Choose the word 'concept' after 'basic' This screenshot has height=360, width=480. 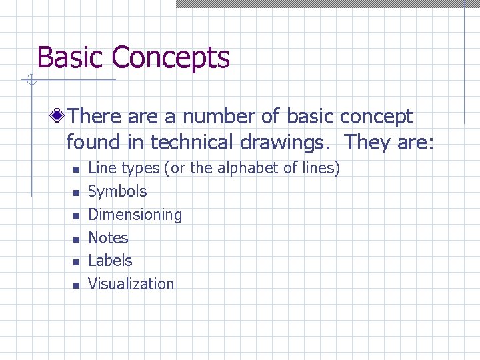[x=377, y=117]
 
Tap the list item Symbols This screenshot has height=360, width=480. [x=117, y=191]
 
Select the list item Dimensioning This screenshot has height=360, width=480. [x=135, y=215]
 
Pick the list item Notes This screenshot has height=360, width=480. [x=108, y=237]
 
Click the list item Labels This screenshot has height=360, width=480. [x=110, y=261]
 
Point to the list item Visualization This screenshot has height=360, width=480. [x=131, y=284]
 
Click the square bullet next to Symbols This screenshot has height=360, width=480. [x=77, y=193]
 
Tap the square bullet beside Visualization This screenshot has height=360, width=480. [x=77, y=285]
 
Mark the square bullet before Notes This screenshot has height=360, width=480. [x=77, y=239]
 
